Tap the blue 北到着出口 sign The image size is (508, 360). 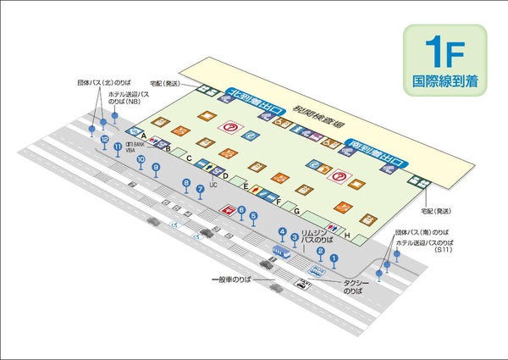tap(259, 95)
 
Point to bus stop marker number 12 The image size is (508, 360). tap(104, 138)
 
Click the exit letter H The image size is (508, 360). tap(347, 235)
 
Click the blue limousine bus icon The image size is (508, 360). tap(282, 252)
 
